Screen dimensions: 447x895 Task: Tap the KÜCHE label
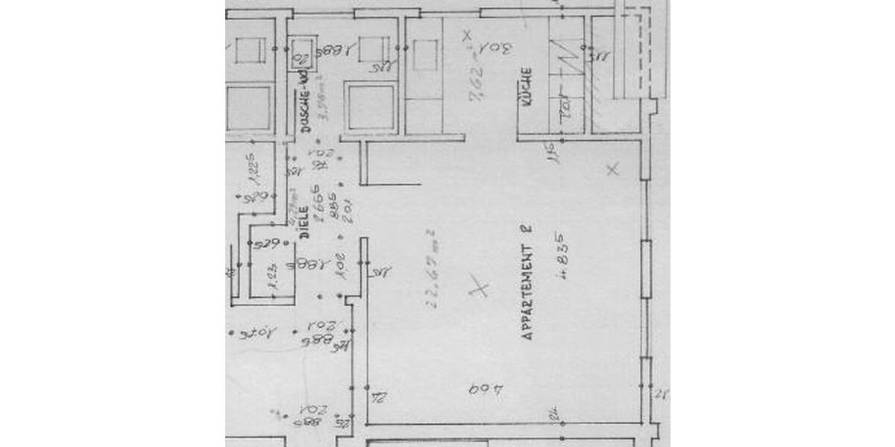[x=527, y=89]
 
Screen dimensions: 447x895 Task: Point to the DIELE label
[x=304, y=222]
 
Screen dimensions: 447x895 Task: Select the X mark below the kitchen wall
[x=612, y=170]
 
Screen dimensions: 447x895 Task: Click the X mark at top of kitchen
[x=467, y=35]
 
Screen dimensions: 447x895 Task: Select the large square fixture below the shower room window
[x=371, y=109]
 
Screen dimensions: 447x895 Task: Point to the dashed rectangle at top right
[x=632, y=52]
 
